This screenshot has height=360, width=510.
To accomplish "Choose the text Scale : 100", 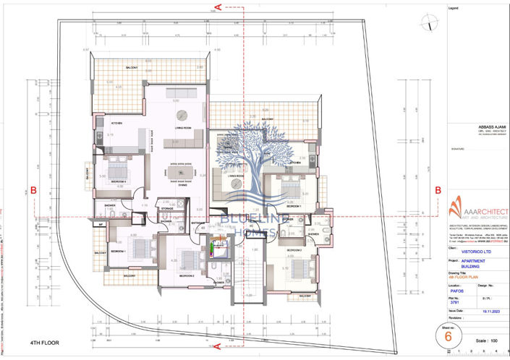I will (x=484, y=339).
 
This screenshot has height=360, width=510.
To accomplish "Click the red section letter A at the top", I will (x=218, y=8).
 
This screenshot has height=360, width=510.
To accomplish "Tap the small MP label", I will (x=100, y=226).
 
